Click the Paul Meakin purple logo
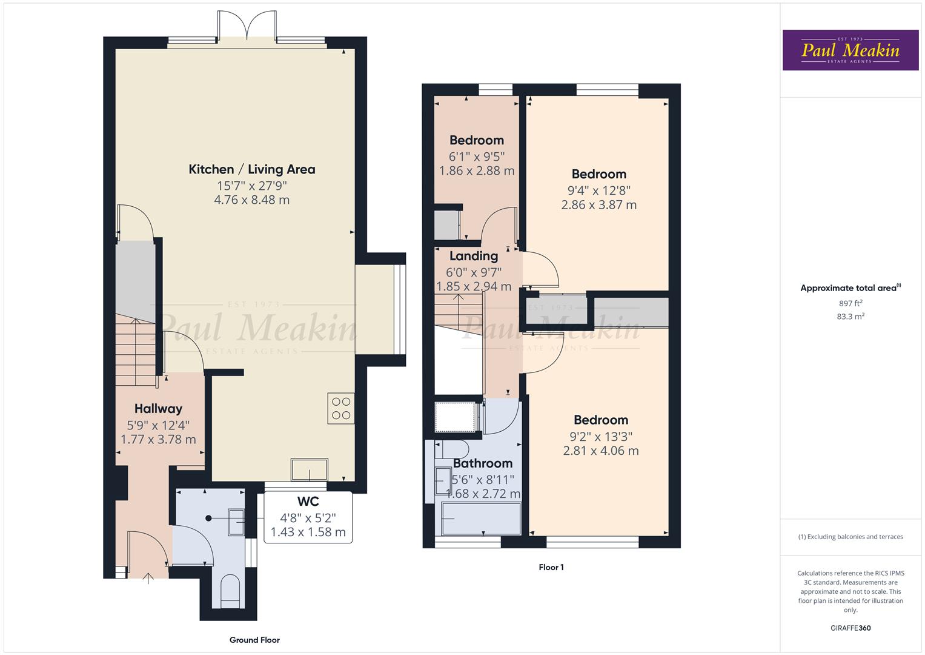tap(850, 50)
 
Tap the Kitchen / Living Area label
tap(251, 169)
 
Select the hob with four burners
tap(341, 408)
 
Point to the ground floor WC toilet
tap(230, 591)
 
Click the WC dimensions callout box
tap(308, 517)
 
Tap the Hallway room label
tap(158, 409)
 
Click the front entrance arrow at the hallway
tap(148, 579)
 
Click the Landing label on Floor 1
tap(473, 256)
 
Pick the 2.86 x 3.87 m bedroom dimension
tap(598, 205)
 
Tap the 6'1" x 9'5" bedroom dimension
tap(476, 156)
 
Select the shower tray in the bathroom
tap(454, 416)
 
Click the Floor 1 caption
tap(551, 568)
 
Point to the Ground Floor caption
tap(254, 640)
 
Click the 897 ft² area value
tap(850, 303)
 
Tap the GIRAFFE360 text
tap(850, 628)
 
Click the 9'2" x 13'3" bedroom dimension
tap(600, 435)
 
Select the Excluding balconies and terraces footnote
tap(850, 537)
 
